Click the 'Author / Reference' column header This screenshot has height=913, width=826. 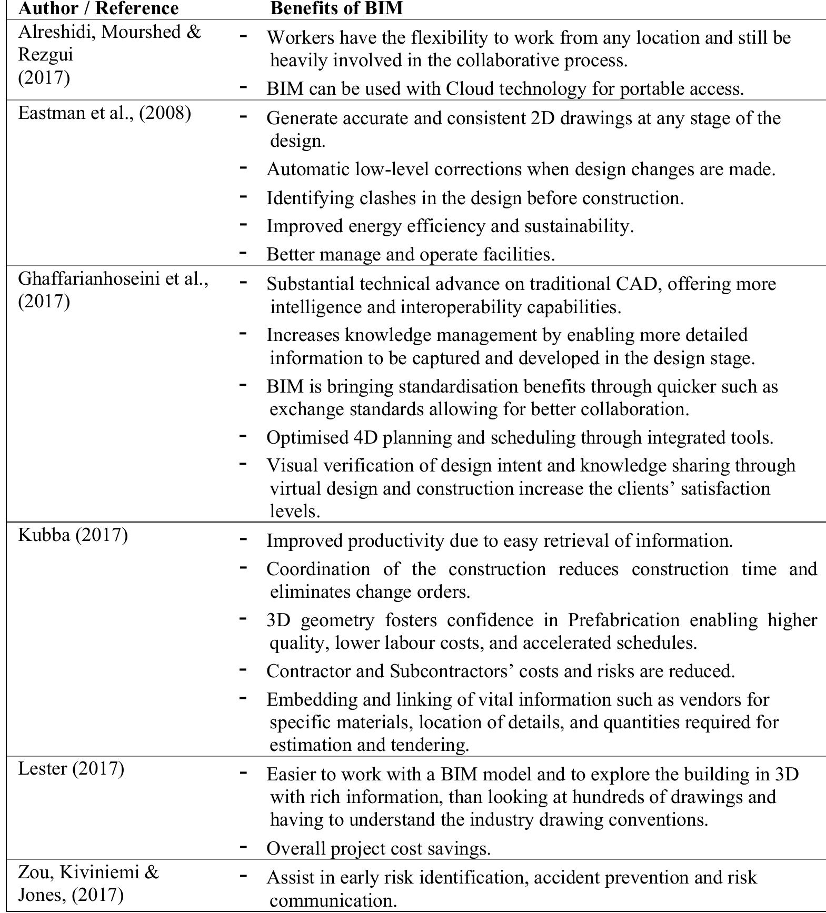98,8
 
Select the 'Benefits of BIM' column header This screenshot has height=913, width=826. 337,8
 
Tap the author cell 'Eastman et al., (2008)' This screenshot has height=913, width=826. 104,113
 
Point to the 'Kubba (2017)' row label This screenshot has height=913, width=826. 73,535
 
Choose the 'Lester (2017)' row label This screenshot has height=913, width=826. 71,768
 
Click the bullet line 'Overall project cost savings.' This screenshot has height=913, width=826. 378,848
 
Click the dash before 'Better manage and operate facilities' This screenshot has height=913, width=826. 243,253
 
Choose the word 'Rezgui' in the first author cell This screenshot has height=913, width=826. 46,54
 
